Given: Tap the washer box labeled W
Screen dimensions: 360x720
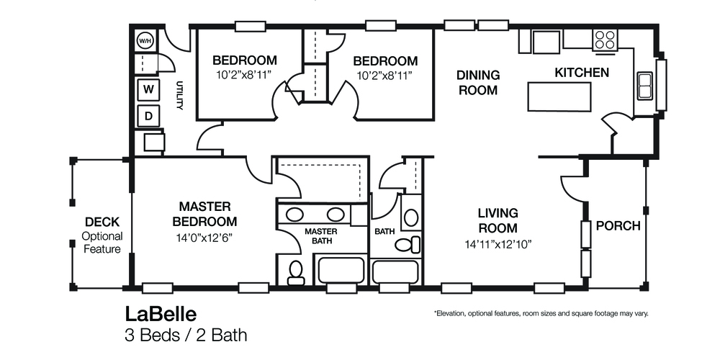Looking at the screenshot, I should pos(148,89).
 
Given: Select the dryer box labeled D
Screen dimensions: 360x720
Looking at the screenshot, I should pos(148,115).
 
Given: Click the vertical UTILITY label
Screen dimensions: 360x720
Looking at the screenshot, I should pos(180,96).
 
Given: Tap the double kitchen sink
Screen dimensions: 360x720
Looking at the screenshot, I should pos(644,86).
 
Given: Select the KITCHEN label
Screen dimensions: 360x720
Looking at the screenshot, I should pos(582,73).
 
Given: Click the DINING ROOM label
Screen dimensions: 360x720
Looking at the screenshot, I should pos(478,82).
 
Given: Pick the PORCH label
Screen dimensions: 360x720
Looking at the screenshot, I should pos(618,226).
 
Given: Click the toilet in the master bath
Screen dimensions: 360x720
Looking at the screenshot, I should pos(295,271).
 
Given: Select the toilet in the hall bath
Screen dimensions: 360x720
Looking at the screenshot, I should pos(405,244).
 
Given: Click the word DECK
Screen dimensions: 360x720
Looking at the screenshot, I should pos(102,222).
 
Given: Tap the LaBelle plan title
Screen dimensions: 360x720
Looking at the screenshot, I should pos(161,314).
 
